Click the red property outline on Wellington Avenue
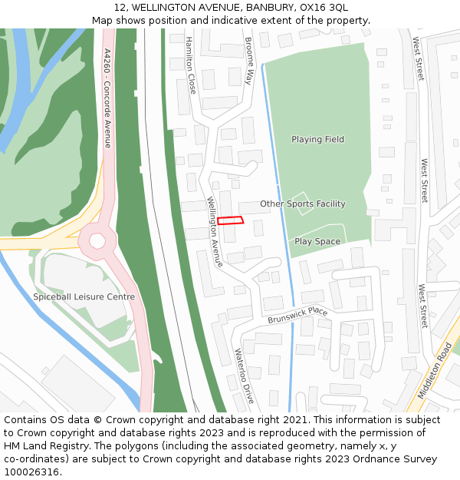click(230, 220)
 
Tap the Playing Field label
click(317, 140)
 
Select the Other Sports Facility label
click(302, 204)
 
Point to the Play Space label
click(317, 241)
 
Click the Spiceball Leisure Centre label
click(84, 297)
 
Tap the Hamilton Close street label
click(191, 65)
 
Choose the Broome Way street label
click(248, 61)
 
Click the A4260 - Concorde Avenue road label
click(107, 98)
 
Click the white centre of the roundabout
click(97, 241)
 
